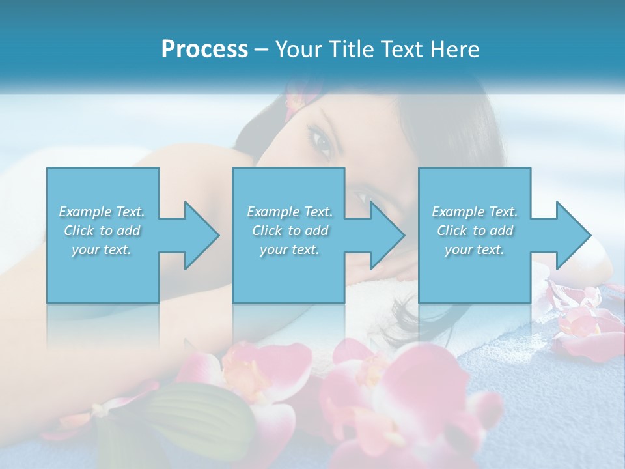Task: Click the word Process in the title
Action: click(x=204, y=50)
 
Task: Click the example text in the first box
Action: click(x=102, y=231)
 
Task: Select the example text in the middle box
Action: click(x=290, y=231)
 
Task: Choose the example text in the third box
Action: click(x=475, y=231)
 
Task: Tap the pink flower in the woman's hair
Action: click(x=294, y=98)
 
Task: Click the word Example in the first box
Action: click(x=85, y=212)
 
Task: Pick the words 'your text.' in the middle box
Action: click(x=290, y=249)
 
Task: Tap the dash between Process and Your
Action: click(x=262, y=50)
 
